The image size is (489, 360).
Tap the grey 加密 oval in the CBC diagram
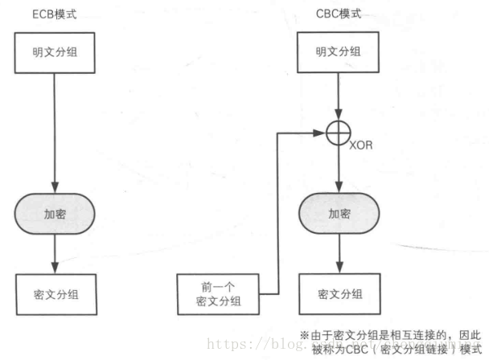[x=338, y=215]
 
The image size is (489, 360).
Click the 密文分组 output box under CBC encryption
[x=338, y=293]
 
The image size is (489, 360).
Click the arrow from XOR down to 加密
[x=338, y=169]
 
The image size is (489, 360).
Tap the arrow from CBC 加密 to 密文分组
[x=338, y=253]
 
